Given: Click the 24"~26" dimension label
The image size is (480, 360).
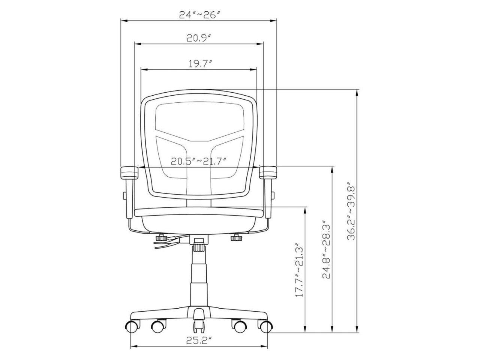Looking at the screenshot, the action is tap(199, 15).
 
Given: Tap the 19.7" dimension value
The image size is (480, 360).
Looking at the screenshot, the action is tap(200, 64).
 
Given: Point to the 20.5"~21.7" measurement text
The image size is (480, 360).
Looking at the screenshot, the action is tap(198, 161).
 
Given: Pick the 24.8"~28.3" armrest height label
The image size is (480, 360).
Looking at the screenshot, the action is tap(326, 249).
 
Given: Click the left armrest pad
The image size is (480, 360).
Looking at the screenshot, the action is tap(129, 172).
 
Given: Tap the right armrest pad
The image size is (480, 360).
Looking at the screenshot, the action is tap(268, 172).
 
